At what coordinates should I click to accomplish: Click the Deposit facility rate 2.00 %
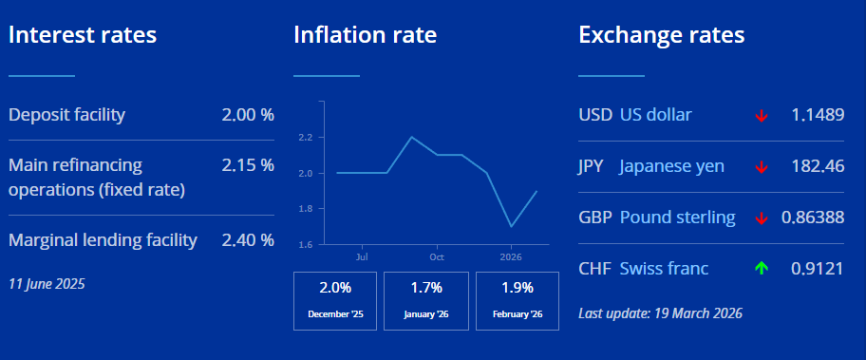pos(248,115)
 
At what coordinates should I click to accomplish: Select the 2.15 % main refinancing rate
pos(248,164)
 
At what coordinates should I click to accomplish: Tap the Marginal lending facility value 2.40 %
pos(248,240)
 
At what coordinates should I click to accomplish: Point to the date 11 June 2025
pos(47,284)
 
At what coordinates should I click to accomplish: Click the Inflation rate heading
pos(365,35)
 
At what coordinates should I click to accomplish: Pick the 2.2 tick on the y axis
pos(307,137)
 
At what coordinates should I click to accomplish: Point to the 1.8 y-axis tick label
pos(307,209)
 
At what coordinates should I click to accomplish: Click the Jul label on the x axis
pos(363,256)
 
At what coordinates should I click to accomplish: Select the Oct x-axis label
pos(437,256)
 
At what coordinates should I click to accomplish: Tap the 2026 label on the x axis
pos(511,256)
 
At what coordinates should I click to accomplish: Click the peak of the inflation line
pos(411,137)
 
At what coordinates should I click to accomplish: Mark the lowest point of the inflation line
pos(512,226)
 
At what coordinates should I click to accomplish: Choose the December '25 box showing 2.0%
pos(335,301)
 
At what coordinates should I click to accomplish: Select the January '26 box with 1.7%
pos(426,301)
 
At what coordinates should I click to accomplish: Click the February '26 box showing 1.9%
pos(518,301)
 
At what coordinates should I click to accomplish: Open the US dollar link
pos(655,115)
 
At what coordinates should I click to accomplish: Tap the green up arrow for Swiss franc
pos(762,269)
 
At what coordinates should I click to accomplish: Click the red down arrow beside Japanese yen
pos(762,167)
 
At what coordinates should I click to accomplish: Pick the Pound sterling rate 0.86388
pos(813,218)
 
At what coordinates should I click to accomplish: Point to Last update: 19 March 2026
pos(661,313)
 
